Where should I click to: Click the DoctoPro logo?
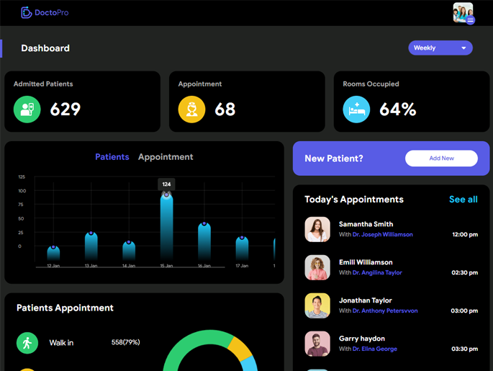pyautogui.click(x=45, y=12)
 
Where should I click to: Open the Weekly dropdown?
pyautogui.click(x=440, y=48)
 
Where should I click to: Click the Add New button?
pyautogui.click(x=441, y=158)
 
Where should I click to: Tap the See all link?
pyautogui.click(x=463, y=200)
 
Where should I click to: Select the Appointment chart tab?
pyautogui.click(x=166, y=157)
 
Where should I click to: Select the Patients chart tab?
pyautogui.click(x=112, y=157)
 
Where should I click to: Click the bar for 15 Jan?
pyautogui.click(x=166, y=227)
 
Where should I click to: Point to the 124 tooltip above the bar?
pyautogui.click(x=166, y=184)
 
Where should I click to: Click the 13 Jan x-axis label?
pyautogui.click(x=91, y=266)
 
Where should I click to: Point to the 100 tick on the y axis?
pyautogui.click(x=22, y=191)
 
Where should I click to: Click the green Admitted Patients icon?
pyautogui.click(x=27, y=109)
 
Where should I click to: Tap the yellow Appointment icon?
pyautogui.click(x=192, y=109)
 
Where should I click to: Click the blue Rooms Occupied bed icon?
pyautogui.click(x=356, y=109)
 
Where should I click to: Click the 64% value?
pyautogui.click(x=398, y=109)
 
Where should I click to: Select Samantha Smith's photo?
pyautogui.click(x=317, y=229)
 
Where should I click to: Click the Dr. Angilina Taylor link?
pyautogui.click(x=377, y=273)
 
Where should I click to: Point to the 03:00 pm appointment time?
pyautogui.click(x=464, y=311)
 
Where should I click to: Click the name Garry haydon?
pyautogui.click(x=362, y=339)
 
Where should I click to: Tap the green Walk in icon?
pyautogui.click(x=27, y=343)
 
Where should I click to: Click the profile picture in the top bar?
pyautogui.click(x=463, y=13)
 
